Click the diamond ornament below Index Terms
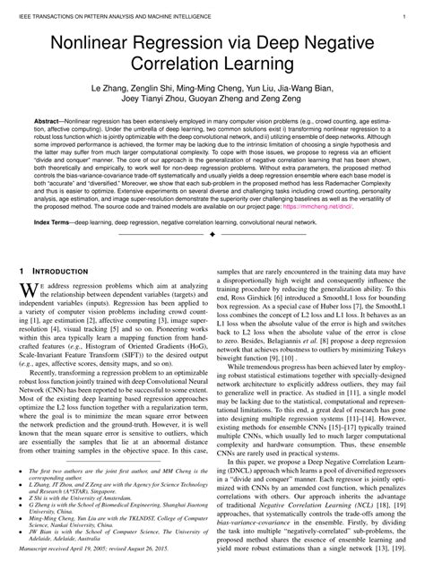(212, 235)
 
